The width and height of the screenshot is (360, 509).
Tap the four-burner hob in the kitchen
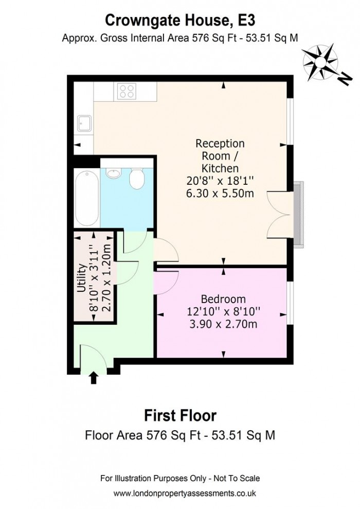127,92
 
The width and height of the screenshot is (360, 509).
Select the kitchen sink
84,124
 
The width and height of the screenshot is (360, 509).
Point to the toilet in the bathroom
137,179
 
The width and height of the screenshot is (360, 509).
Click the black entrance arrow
93,378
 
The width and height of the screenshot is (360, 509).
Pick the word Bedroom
223,299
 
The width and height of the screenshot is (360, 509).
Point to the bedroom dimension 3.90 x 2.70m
223,324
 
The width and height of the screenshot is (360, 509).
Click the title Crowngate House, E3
179,20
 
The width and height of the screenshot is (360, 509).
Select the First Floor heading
179,415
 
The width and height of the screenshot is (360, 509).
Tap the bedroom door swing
166,280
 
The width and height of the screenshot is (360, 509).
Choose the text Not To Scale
235,478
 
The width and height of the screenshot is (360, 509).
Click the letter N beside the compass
345,79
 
